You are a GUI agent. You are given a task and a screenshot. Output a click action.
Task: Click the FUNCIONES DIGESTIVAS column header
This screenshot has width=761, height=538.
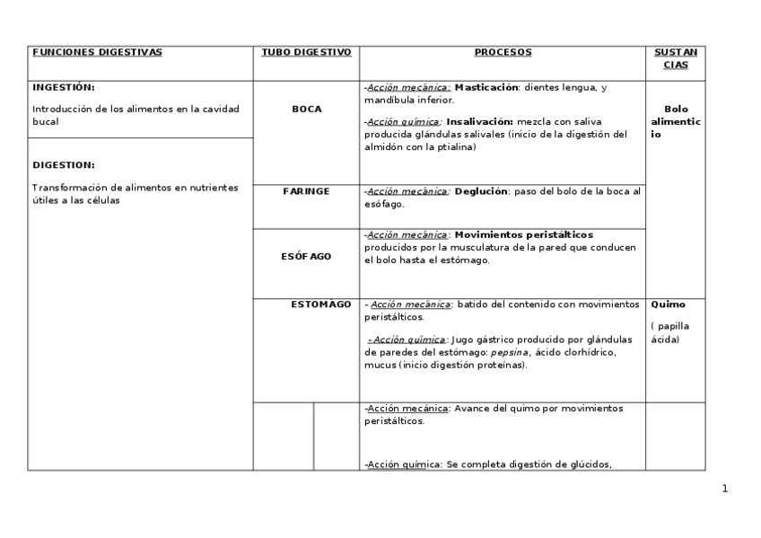click(x=97, y=52)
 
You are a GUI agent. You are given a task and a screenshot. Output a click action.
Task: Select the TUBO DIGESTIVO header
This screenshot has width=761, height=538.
click(x=306, y=52)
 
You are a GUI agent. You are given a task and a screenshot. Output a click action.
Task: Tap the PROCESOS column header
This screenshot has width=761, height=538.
click(x=503, y=52)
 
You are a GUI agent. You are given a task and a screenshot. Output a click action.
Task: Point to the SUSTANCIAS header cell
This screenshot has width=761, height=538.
click(x=676, y=58)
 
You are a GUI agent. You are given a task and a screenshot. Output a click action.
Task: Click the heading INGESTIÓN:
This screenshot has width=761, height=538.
click(x=63, y=87)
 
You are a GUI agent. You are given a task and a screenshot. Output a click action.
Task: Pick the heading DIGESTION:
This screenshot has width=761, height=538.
click(x=63, y=165)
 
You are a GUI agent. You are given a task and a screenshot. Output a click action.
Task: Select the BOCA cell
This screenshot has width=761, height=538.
click(x=306, y=109)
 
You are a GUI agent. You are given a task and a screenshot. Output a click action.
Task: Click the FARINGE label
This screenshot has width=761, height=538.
click(x=306, y=191)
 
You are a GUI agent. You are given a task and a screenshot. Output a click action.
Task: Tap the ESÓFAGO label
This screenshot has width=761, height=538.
click(x=306, y=256)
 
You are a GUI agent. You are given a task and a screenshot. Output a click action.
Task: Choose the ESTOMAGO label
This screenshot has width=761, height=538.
click(x=320, y=304)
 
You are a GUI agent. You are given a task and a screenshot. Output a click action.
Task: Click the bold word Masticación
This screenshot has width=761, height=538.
click(x=486, y=88)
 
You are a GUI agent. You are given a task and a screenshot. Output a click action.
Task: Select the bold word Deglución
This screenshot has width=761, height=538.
click(x=481, y=191)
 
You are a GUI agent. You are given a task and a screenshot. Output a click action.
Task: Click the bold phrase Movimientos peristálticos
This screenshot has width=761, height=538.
click(x=523, y=234)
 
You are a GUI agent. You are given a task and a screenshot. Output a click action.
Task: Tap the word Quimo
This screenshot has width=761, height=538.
click(x=667, y=304)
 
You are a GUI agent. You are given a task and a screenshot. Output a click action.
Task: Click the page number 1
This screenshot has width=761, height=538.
click(x=725, y=489)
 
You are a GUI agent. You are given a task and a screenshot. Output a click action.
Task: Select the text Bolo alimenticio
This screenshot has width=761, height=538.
click(x=676, y=121)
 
